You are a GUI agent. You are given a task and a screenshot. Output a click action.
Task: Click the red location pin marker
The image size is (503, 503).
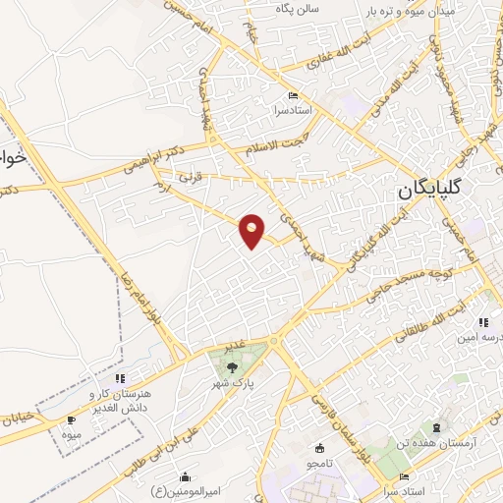click(x=252, y=231)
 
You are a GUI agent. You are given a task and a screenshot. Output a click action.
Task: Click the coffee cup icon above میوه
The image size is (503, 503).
click(x=70, y=419)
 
